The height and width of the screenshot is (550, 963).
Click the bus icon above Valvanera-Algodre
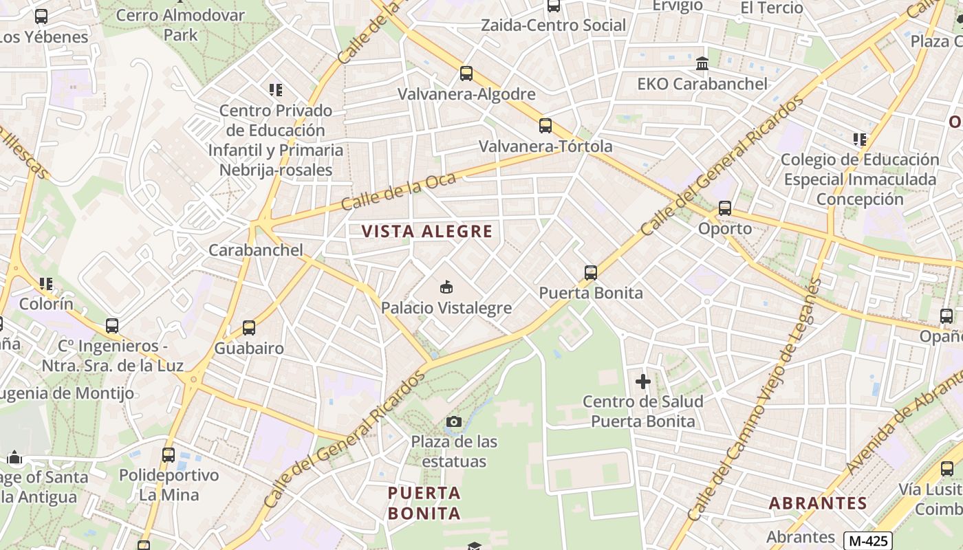pos(466,73)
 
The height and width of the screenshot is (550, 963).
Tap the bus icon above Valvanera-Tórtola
pos(545,125)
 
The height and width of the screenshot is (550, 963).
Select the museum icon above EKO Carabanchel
pos(702,63)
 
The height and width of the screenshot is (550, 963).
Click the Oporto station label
pos(725,228)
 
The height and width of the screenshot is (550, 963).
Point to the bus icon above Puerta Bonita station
pos(590,272)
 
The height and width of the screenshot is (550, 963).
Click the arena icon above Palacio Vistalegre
pos(446,287)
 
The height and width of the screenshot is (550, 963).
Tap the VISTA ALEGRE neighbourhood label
pos(427,232)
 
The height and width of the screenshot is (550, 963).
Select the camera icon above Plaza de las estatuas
pos(454,421)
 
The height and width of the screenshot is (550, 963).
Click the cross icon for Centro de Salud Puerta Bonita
pos(643,381)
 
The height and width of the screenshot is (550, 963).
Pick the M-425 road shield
pos(867,540)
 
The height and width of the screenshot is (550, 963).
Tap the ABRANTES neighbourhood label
pos(818,503)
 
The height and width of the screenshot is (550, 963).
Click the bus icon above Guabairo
pos(249,328)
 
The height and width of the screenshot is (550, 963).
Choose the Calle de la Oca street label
pos(398,192)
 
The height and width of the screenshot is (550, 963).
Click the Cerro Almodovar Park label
pos(180,25)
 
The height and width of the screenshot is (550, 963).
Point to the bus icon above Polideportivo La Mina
pos(169,454)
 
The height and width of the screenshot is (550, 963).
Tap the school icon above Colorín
pos(46,283)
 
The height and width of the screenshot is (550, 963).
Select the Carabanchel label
pos(255,250)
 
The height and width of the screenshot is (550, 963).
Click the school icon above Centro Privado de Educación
pos(276,89)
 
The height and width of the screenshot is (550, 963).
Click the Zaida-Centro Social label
pos(553,25)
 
